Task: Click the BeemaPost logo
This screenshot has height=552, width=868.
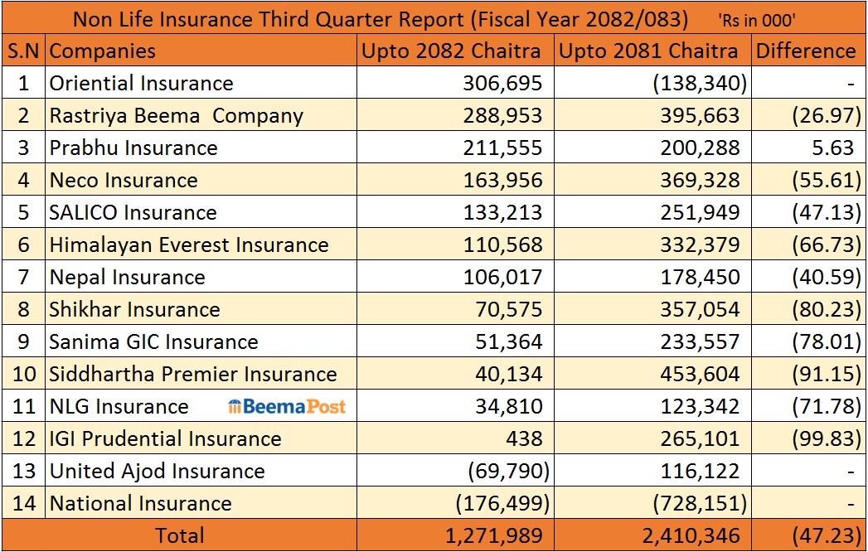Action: (x=287, y=406)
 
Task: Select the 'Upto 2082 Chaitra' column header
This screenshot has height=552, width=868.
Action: (x=451, y=51)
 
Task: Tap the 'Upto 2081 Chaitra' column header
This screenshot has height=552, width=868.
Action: (x=648, y=51)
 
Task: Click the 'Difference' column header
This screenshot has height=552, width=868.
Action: (x=806, y=51)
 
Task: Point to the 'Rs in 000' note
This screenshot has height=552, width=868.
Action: (x=757, y=21)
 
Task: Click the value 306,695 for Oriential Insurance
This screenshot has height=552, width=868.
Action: (x=502, y=83)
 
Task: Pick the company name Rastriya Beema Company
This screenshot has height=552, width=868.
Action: (x=176, y=116)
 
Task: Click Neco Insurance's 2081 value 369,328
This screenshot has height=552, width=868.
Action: (x=700, y=180)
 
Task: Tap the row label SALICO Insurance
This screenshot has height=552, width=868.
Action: (x=133, y=213)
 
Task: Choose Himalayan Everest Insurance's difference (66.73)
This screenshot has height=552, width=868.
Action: (x=827, y=245)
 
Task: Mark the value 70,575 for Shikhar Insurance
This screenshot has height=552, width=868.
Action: (x=509, y=309)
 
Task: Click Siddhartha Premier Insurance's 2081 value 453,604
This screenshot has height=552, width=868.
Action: (x=700, y=375)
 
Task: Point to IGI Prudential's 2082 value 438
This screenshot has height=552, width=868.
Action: (x=524, y=438)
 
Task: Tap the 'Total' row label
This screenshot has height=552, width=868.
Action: (x=179, y=535)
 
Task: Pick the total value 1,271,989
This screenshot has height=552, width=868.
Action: (x=494, y=535)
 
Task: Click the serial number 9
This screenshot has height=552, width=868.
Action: (x=23, y=341)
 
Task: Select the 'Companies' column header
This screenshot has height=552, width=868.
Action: (x=103, y=51)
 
